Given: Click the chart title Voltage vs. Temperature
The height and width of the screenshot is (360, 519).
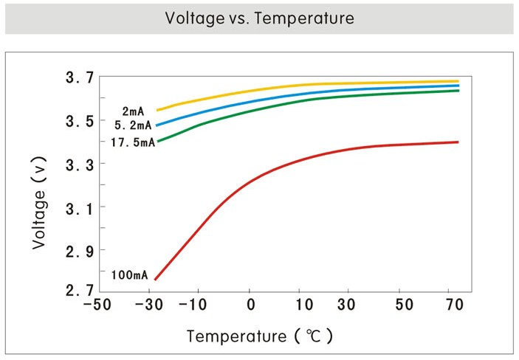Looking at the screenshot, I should (x=259, y=18).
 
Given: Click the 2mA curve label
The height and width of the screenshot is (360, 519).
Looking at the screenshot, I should (x=134, y=111).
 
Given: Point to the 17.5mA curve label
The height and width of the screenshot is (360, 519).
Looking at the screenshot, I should (x=132, y=142).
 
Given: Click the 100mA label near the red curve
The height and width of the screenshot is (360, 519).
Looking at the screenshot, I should (x=130, y=276).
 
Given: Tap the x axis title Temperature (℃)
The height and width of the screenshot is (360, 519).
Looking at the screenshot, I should (x=260, y=336).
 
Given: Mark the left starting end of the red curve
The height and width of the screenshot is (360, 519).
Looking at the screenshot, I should (x=156, y=279).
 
